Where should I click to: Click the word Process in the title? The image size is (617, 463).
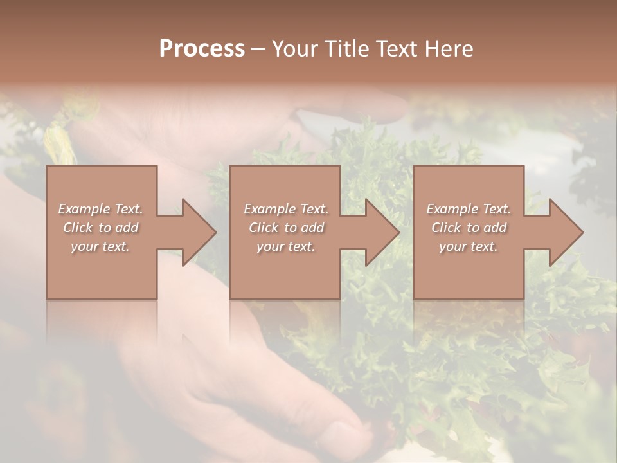click(202, 49)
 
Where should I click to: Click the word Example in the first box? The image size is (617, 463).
click(83, 209)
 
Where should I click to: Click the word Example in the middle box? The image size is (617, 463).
click(269, 209)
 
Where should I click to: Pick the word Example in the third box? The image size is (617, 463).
click(451, 209)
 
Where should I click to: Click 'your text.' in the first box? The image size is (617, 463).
click(100, 246)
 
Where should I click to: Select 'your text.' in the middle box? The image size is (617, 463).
click(285, 246)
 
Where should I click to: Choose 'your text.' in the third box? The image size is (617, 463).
click(469, 246)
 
